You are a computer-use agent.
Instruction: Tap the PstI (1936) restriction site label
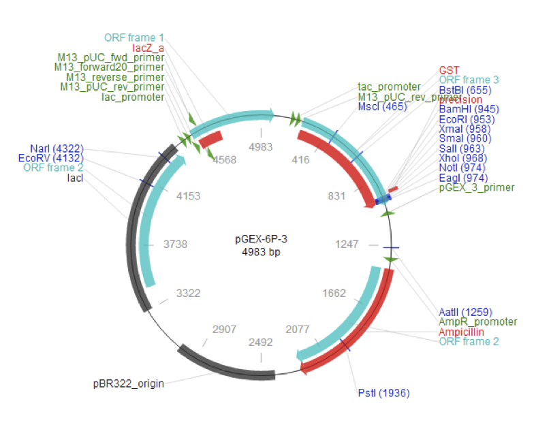click(x=383, y=393)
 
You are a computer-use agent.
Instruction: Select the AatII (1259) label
click(x=466, y=312)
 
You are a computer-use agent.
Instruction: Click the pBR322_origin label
click(x=129, y=384)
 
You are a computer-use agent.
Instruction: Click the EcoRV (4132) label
click(x=54, y=158)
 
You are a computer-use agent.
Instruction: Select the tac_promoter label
click(x=389, y=87)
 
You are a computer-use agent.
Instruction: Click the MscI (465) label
click(x=382, y=106)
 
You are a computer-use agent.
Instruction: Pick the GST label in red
click(x=450, y=70)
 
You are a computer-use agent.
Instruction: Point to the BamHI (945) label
click(x=469, y=110)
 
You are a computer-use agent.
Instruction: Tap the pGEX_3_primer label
click(x=477, y=187)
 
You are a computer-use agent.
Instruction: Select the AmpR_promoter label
click(x=477, y=321)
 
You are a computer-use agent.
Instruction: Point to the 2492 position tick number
click(x=262, y=343)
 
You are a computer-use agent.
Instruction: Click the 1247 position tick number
click(x=347, y=243)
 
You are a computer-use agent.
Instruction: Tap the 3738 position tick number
click(x=176, y=243)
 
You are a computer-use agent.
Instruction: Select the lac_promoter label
click(x=133, y=97)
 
